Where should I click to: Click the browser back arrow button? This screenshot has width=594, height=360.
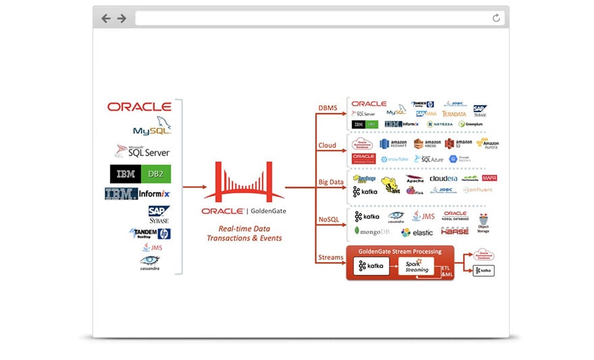coord(106,18)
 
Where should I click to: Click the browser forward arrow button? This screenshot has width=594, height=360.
coord(122,18)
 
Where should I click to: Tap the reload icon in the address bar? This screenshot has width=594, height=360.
coord(496,18)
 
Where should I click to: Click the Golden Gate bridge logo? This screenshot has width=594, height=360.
coord(244,182)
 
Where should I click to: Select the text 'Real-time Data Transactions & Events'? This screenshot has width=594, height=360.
coord(244,233)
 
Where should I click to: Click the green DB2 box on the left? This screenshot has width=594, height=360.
coord(156,174)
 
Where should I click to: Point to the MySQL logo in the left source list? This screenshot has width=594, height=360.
coord(152,128)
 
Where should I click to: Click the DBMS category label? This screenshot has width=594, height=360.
coord(327,108)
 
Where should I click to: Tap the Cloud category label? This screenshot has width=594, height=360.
coord(327,145)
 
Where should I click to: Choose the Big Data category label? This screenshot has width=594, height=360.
coord(330,182)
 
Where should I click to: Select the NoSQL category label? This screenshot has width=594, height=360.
coord(329,220)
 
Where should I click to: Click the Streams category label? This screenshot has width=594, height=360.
coord(331,257)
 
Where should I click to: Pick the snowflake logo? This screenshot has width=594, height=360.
coord(394,159)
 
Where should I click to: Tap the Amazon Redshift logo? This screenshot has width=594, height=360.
coord(394,143)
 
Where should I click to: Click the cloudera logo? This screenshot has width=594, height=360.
coord(443,178)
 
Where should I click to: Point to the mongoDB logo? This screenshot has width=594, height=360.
coord(372,232)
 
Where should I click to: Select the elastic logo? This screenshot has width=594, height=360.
coord(416,232)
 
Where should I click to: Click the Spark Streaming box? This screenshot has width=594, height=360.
coord(416,266)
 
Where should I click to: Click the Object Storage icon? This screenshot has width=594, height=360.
coord(483,224)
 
